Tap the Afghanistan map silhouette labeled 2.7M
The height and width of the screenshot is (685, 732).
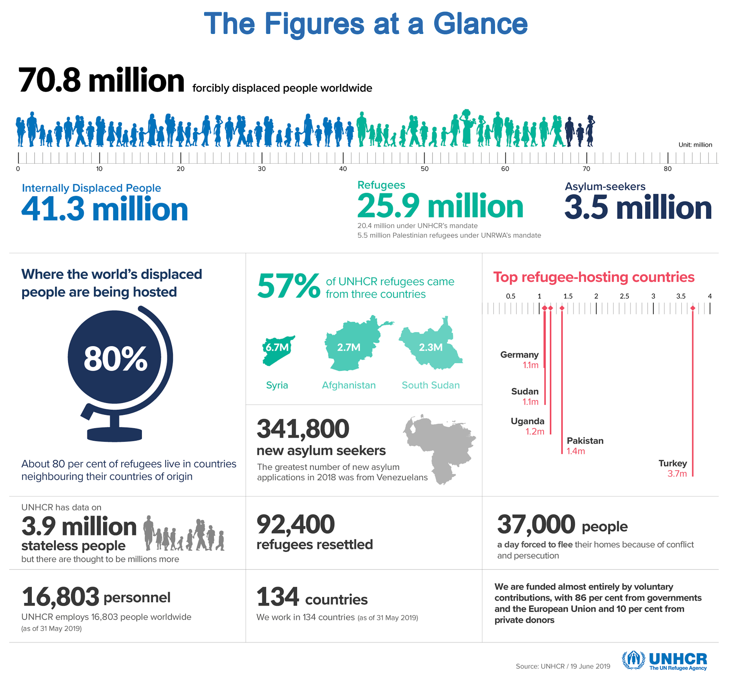tap(350, 344)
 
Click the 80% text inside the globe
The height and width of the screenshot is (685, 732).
tap(115, 359)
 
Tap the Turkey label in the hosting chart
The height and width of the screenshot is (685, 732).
tap(672, 463)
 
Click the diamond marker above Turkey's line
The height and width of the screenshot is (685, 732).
tap(693, 308)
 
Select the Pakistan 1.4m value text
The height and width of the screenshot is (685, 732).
tap(575, 451)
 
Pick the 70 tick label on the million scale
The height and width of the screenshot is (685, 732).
tap(586, 169)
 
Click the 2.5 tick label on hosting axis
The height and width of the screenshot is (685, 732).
tap(624, 296)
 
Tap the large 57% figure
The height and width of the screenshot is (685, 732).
tap(288, 286)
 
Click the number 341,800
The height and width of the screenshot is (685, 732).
tap(303, 429)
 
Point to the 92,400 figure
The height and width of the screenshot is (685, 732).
tap(295, 524)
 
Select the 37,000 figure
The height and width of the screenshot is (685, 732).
tap(536, 524)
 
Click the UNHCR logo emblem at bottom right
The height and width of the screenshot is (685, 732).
tap(633, 660)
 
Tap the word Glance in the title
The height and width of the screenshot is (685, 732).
tap(480, 24)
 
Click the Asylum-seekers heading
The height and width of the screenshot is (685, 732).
tap(605, 187)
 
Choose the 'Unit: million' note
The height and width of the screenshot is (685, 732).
tap(695, 145)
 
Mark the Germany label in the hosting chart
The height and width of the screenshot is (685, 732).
tap(519, 355)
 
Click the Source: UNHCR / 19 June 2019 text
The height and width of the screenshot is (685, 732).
tap(563, 666)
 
